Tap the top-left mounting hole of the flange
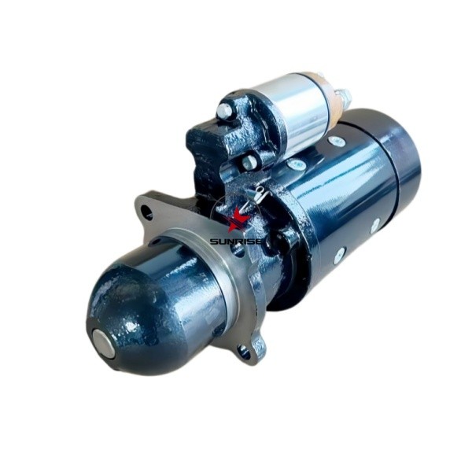point(146,209)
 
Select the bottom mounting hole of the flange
point(244,351)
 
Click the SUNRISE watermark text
point(236,242)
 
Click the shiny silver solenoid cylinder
point(297,116)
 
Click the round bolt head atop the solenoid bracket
point(224,110)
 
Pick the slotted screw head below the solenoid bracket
point(249,162)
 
